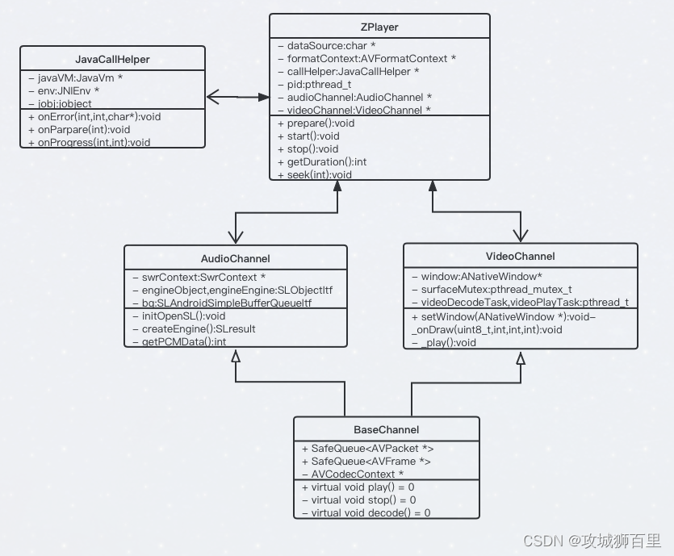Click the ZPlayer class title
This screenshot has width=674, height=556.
(x=379, y=27)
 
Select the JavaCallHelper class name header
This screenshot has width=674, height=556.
(x=112, y=60)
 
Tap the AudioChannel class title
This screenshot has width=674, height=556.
(x=235, y=259)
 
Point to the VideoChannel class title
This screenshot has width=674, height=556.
(x=521, y=257)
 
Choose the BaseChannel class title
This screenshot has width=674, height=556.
(x=386, y=429)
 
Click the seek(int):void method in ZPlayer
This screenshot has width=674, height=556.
(x=314, y=174)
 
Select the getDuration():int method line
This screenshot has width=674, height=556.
(x=321, y=161)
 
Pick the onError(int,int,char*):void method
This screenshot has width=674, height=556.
(x=94, y=117)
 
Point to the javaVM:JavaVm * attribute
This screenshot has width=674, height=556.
(x=74, y=78)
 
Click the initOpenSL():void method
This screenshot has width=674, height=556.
(x=178, y=316)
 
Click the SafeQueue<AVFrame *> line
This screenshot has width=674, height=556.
(x=366, y=461)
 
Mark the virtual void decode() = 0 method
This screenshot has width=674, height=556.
(x=366, y=512)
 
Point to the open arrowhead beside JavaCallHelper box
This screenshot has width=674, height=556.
(x=215, y=98)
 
